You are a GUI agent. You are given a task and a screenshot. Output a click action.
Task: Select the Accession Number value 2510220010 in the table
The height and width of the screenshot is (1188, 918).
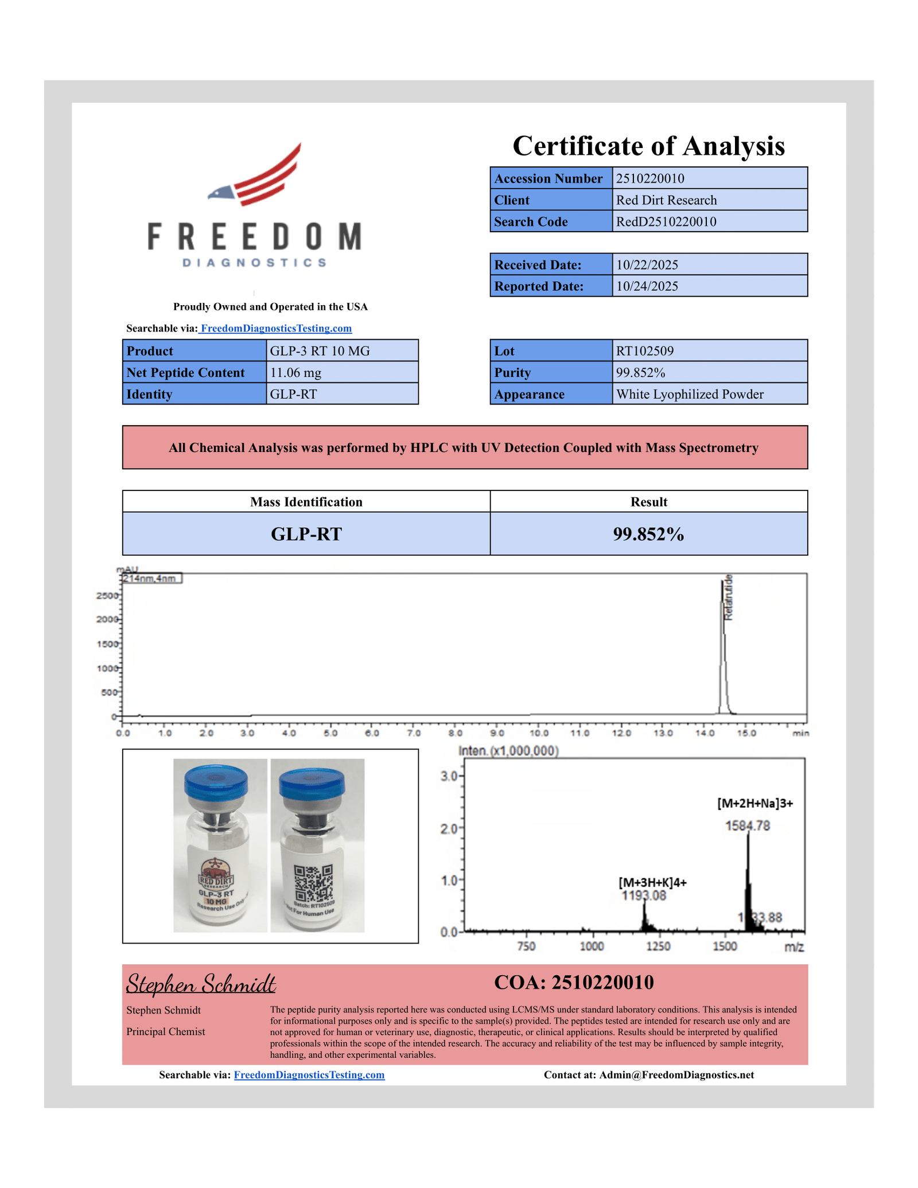[650, 178]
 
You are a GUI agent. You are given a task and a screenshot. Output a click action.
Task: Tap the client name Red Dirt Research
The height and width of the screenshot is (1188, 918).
[666, 200]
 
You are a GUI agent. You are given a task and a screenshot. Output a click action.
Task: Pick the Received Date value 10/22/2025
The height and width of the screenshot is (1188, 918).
[647, 264]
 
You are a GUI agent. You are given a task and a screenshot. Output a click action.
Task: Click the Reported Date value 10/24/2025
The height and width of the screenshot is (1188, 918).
[647, 286]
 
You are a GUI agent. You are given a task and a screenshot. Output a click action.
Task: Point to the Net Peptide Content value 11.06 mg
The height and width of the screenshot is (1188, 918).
[295, 373]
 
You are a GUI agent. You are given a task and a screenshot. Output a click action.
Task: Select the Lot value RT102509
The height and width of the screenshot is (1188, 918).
[645, 351]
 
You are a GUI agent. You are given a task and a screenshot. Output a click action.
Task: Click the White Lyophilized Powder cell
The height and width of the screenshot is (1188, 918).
[690, 395]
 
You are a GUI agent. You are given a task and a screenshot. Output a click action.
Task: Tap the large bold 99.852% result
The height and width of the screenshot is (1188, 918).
[648, 534]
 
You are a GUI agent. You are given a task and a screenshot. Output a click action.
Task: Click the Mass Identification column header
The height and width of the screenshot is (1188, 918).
[306, 502]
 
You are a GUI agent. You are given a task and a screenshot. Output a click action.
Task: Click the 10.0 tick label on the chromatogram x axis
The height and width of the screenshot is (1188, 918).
[539, 733]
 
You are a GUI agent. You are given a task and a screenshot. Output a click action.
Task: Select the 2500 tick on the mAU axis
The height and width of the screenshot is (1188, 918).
[107, 595]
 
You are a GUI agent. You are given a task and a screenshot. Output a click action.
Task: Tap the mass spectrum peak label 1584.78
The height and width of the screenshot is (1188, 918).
[748, 826]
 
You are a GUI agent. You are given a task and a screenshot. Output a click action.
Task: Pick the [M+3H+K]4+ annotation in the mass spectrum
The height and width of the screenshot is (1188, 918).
[652, 882]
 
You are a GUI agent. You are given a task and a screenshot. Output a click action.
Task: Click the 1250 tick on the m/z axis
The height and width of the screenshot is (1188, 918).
[658, 946]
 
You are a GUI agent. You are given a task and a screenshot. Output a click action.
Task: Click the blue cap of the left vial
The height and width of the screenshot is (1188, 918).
[216, 782]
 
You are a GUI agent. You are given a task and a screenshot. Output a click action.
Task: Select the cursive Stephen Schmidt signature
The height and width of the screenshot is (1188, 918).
[201, 984]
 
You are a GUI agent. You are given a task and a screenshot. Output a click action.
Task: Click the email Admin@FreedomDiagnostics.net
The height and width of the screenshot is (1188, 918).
[676, 1075]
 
